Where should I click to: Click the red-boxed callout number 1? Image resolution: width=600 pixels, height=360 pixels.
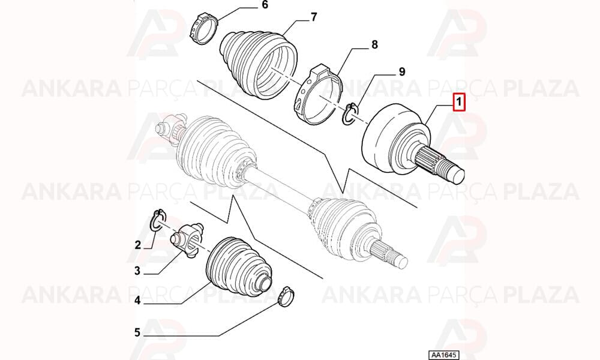pyautogui.click(x=459, y=102)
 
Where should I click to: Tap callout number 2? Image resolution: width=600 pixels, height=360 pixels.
pyautogui.click(x=138, y=244)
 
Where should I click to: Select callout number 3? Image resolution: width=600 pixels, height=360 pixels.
pyautogui.click(x=137, y=271)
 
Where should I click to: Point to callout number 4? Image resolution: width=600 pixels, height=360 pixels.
pyautogui.click(x=137, y=301)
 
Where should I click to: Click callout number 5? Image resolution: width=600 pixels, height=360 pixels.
pyautogui.click(x=137, y=332)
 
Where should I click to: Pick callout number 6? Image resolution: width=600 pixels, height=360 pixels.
pyautogui.click(x=265, y=5)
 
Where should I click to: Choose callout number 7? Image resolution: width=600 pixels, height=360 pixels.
pyautogui.click(x=313, y=17)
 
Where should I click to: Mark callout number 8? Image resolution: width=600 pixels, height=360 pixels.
pyautogui.click(x=374, y=45)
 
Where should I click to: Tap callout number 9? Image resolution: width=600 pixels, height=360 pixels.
pyautogui.click(x=402, y=72)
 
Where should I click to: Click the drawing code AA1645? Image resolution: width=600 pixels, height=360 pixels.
pyautogui.click(x=443, y=355)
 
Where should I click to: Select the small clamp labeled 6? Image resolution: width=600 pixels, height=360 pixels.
pyautogui.click(x=203, y=28)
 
